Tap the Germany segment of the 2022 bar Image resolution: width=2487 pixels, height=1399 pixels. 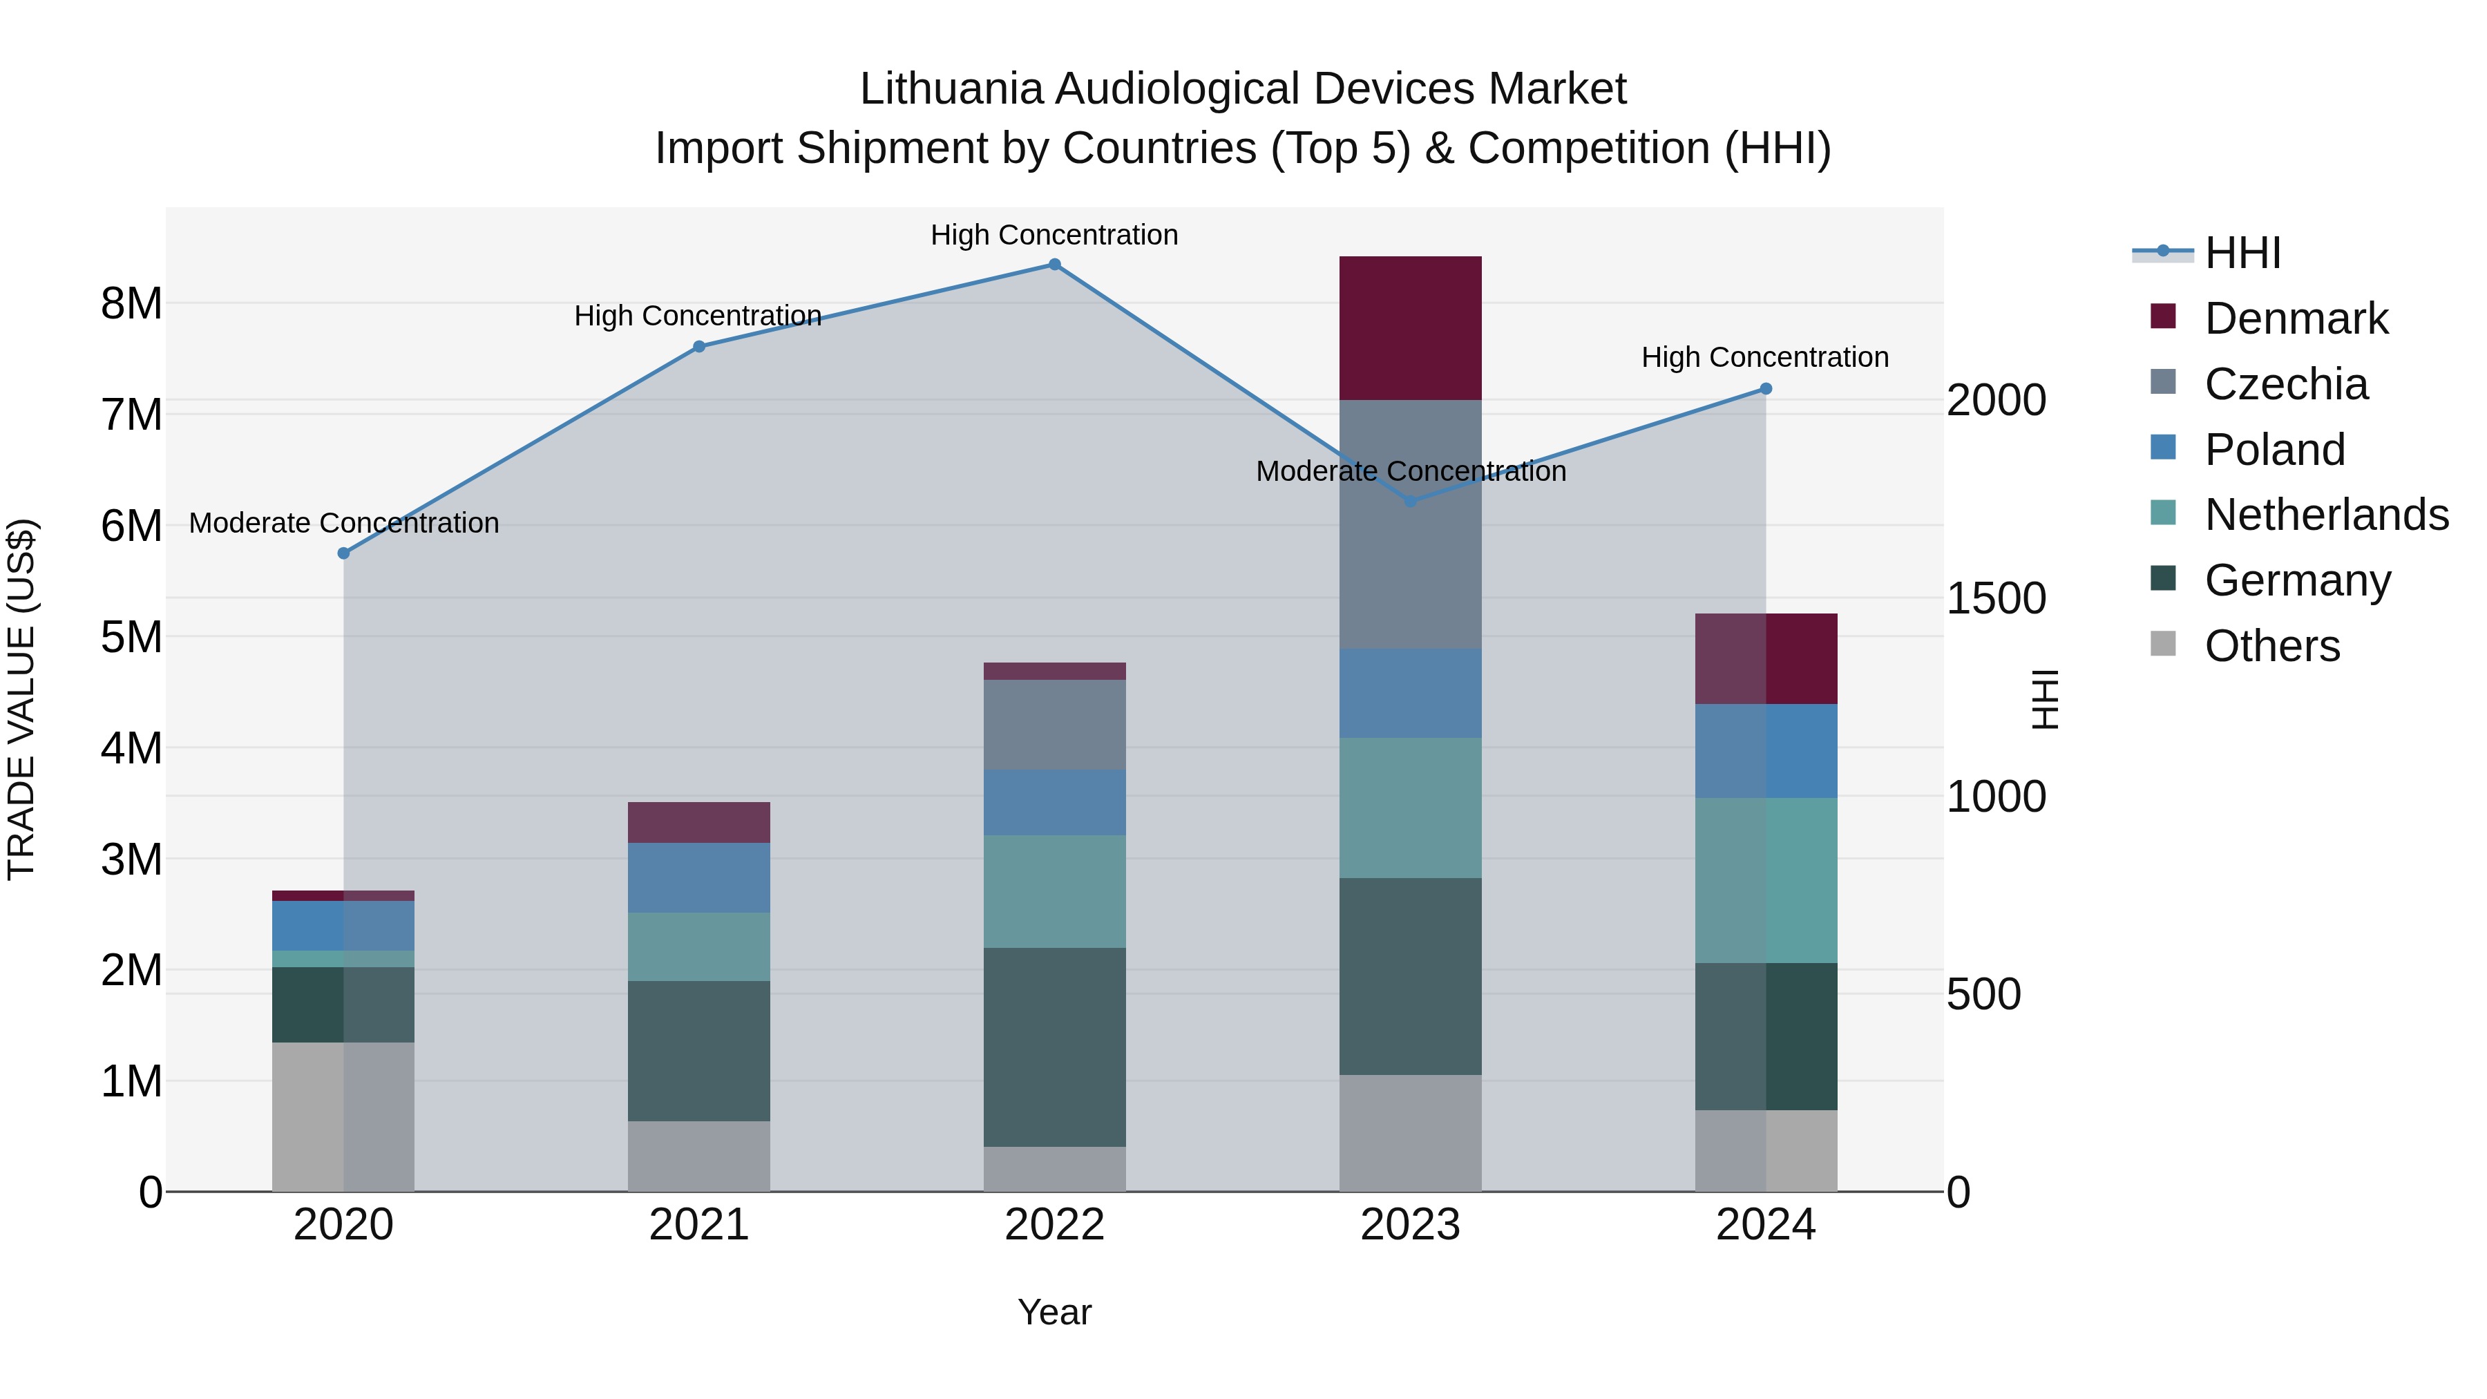click(x=1054, y=1047)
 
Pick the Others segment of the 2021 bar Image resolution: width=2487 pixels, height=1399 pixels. click(x=699, y=1156)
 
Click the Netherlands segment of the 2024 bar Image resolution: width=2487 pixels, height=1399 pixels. click(x=1766, y=881)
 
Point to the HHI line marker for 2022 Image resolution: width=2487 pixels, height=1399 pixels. click(x=1054, y=265)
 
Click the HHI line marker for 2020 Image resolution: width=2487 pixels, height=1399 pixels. click(x=344, y=553)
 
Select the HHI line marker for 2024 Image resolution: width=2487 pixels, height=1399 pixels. click(x=1766, y=389)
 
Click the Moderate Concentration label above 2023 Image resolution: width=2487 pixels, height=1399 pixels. click(x=1411, y=471)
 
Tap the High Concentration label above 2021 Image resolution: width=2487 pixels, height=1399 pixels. click(x=697, y=316)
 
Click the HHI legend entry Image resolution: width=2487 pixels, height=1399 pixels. click(x=2242, y=253)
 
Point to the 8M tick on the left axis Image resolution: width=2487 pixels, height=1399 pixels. click(x=131, y=304)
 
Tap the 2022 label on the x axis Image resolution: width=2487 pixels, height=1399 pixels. click(x=1054, y=1225)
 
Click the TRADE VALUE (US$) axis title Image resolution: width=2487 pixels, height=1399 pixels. click(x=21, y=699)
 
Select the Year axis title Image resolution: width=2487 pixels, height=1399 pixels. click(x=1054, y=1312)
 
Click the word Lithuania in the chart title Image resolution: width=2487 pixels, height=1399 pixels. click(x=951, y=89)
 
